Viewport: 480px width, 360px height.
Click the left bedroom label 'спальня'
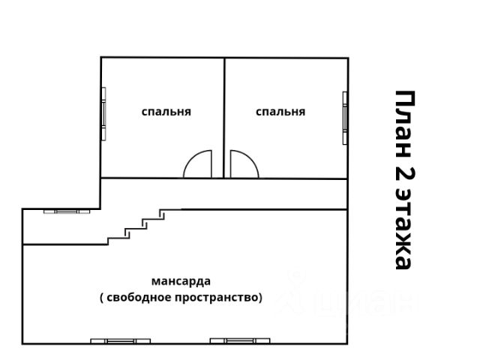point(166,112)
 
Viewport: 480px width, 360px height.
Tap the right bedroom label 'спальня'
point(280,112)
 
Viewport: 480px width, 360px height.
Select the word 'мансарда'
point(181,282)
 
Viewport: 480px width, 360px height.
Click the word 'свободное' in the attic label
point(142,297)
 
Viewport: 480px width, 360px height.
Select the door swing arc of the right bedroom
point(243,166)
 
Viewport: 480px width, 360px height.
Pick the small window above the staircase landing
point(67,211)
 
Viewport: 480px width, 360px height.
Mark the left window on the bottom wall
point(119,341)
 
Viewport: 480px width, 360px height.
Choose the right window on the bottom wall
point(239,341)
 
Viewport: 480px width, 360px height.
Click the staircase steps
point(138,226)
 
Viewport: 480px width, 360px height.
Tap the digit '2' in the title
point(403,178)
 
